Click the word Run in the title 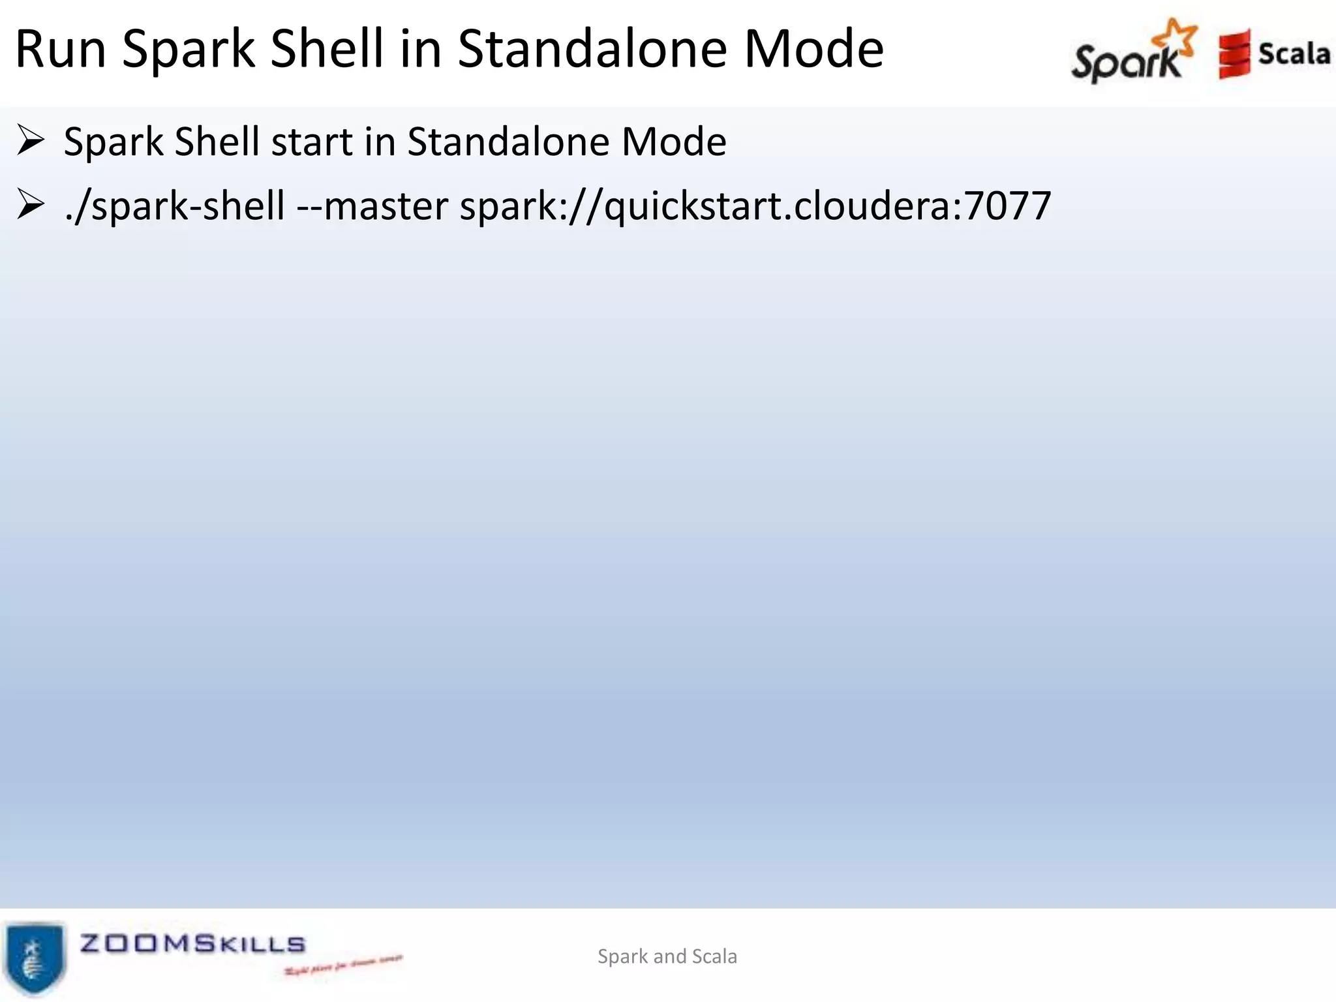click(x=61, y=50)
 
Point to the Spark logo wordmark click(x=1126, y=62)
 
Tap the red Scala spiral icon click(x=1234, y=55)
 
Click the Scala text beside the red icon click(x=1294, y=53)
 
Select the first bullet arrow click(x=30, y=141)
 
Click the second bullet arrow click(x=30, y=205)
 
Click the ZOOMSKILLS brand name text click(x=192, y=944)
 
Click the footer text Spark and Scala click(x=667, y=956)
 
